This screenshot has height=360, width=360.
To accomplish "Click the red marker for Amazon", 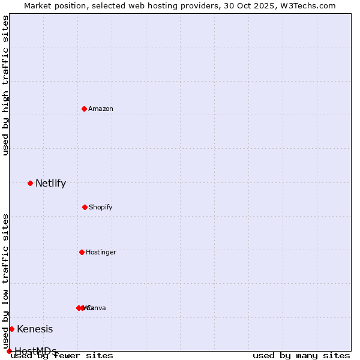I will pos(84,109).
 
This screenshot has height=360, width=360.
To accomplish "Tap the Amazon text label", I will pos(101,109).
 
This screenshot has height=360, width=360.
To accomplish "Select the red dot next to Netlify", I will pos(30,183).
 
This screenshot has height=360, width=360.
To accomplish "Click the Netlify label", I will pos(50,184).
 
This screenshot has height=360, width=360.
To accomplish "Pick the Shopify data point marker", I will pos(85,207).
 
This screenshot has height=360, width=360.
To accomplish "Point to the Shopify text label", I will pos(101,208).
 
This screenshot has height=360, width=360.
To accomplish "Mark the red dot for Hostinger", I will pos(82,252).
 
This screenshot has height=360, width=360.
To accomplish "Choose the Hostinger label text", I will pos(101,253).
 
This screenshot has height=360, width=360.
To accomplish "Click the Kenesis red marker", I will pos(11,329).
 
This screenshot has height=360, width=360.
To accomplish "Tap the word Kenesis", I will pos(35,329).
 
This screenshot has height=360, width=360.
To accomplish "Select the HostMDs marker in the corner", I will pos(9,351).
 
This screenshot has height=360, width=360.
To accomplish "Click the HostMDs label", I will pos(35,351).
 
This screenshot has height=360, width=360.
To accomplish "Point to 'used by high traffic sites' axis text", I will pos(5,85).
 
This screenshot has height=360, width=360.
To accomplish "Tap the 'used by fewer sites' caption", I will pos(62,356).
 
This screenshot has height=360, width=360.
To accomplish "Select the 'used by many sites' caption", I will pos(301,356).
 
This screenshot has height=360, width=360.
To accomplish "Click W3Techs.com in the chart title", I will pos(309,5).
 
